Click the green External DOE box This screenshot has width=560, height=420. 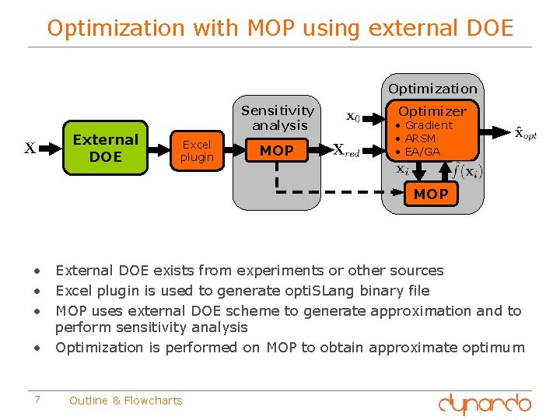(105, 148)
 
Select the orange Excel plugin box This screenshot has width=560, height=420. (197, 150)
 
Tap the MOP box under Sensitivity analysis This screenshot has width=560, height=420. (277, 150)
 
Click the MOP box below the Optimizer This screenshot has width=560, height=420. (431, 194)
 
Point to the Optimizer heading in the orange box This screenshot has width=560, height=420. (432, 111)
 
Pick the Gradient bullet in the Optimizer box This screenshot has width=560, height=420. (428, 125)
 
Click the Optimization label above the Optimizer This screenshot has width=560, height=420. (432, 89)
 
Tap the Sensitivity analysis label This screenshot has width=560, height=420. (278, 117)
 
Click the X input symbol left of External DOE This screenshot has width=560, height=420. (30, 148)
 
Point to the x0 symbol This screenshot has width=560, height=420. (352, 117)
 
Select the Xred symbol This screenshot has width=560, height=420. (346, 150)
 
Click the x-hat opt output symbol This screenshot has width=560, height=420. (526, 133)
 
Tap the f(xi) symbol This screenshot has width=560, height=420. (467, 170)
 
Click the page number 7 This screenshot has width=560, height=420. (37, 400)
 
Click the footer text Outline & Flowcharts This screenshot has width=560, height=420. (125, 401)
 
